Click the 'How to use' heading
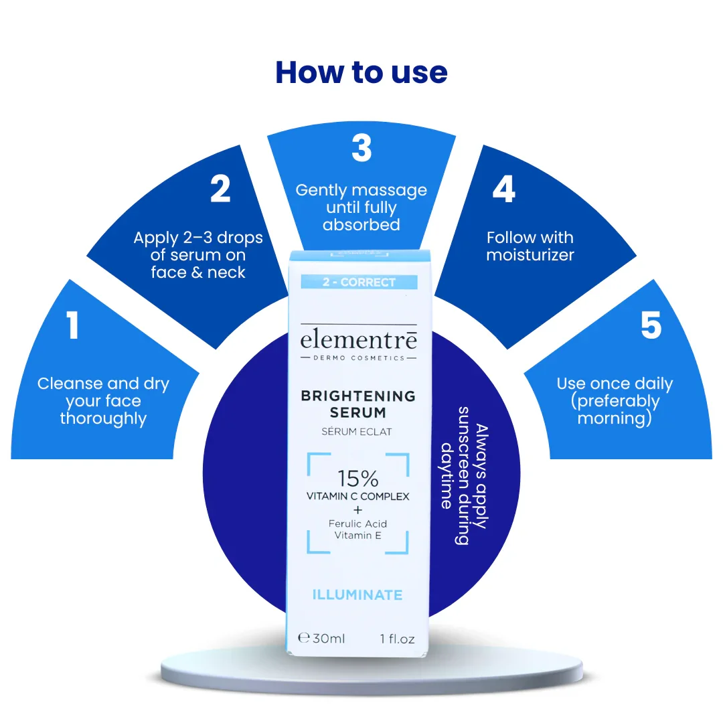(361, 72)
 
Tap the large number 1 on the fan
(72, 325)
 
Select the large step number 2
(220, 189)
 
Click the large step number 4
(503, 189)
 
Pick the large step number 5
(651, 325)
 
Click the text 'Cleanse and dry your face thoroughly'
(103, 401)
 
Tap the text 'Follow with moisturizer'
(530, 246)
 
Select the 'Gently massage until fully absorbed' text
(361, 208)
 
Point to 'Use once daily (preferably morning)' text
(615, 401)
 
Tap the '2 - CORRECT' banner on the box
(359, 283)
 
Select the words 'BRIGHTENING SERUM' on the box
(358, 404)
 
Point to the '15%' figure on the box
(357, 479)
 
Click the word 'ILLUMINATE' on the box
(357, 595)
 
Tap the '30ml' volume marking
(329, 639)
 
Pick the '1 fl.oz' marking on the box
(398, 639)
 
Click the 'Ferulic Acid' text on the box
(357, 524)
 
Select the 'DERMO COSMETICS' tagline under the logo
(359, 357)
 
